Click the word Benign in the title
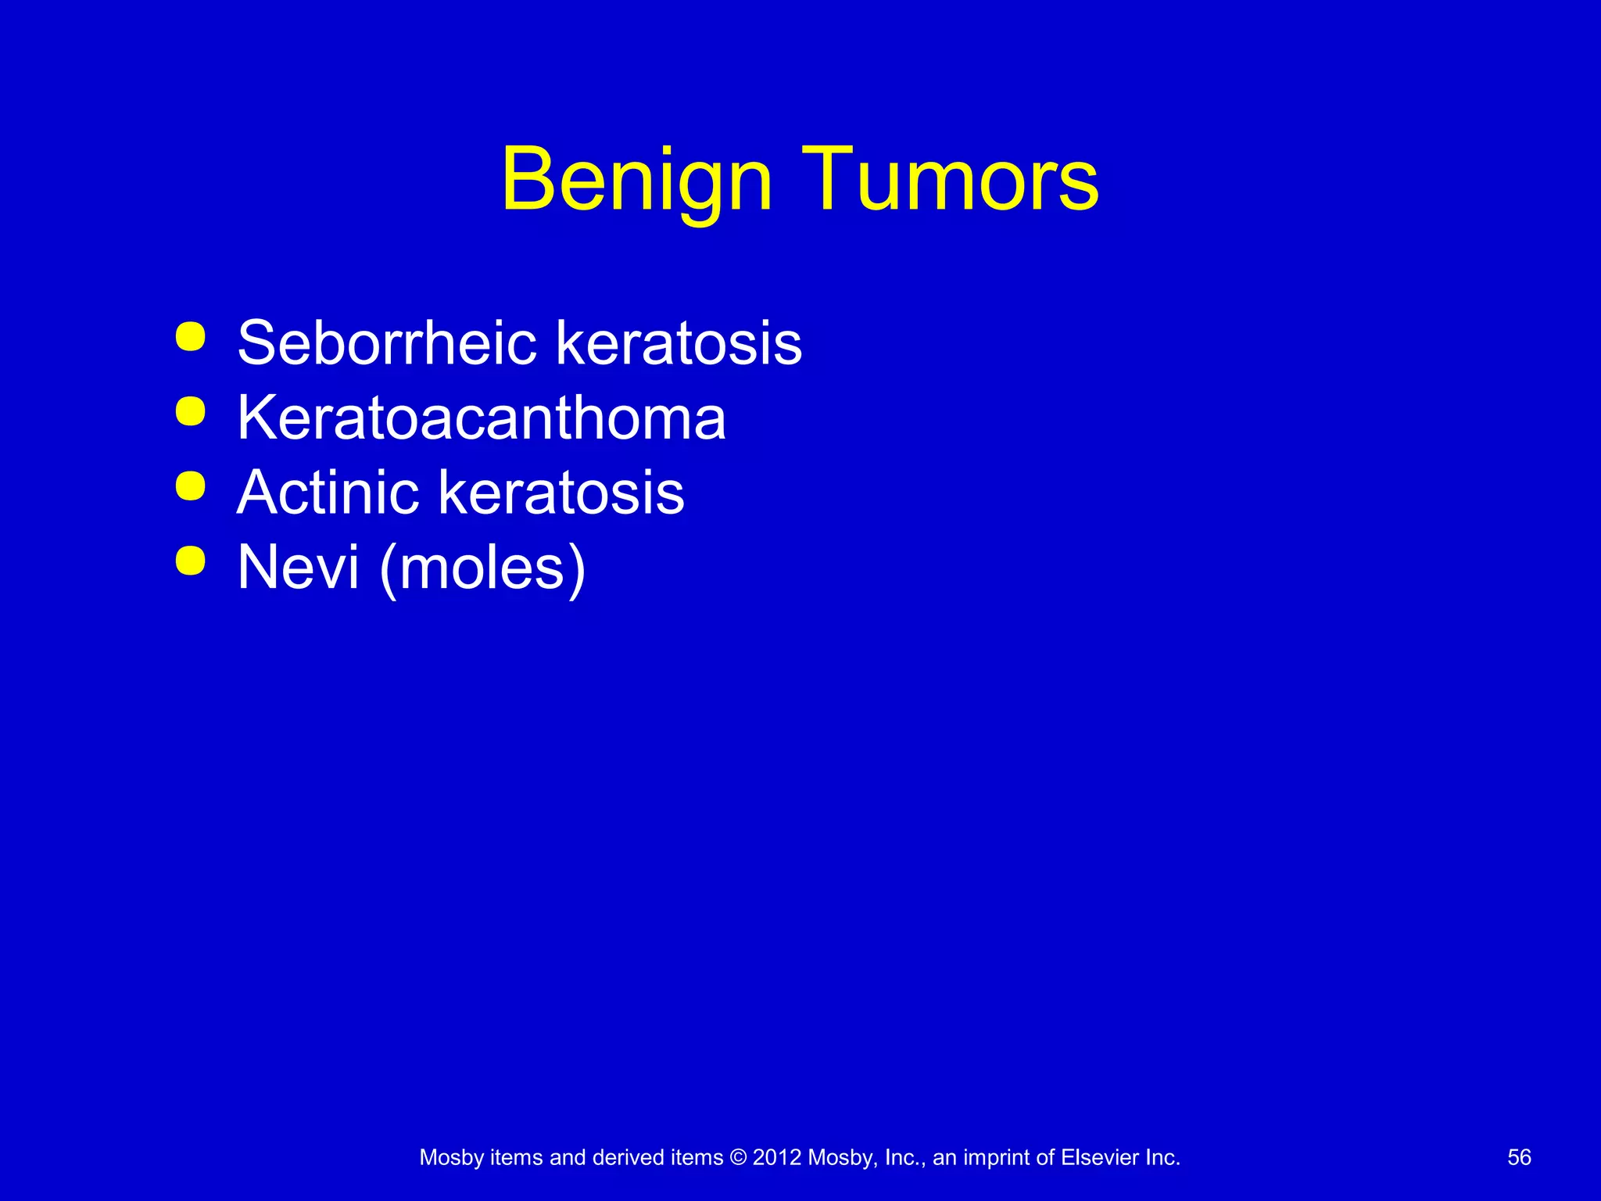point(637,180)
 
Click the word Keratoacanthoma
point(482,418)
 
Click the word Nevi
point(298,567)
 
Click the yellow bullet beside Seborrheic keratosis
point(191,337)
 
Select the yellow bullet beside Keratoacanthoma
point(191,411)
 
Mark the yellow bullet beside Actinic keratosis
point(191,486)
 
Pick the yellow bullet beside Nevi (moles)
point(191,561)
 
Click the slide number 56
point(1519,1157)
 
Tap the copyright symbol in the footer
point(738,1157)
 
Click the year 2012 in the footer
point(777,1157)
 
